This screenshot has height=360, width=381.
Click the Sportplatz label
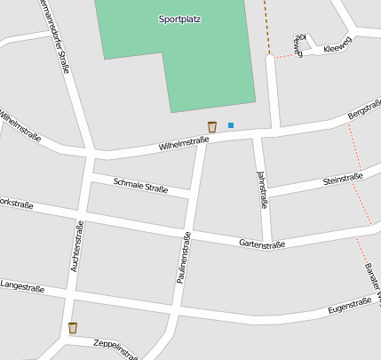[x=179, y=19]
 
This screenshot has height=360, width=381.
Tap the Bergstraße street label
[x=364, y=110]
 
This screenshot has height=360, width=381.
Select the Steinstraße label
[x=343, y=180]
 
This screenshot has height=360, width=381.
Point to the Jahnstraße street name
[x=262, y=189]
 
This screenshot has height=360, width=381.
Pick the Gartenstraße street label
[x=261, y=244]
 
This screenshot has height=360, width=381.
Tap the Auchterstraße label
[x=75, y=245]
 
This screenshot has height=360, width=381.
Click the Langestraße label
[x=21, y=285]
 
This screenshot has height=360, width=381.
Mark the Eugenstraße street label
[x=349, y=306]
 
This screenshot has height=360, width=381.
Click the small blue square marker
[x=231, y=125]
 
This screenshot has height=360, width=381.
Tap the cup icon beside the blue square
[x=211, y=127]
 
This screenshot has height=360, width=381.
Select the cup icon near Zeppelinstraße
[x=73, y=328]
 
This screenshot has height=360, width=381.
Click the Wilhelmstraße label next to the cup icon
[x=184, y=141]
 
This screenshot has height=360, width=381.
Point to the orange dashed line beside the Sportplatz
[x=266, y=27]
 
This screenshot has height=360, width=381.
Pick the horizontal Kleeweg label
[x=338, y=48]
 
